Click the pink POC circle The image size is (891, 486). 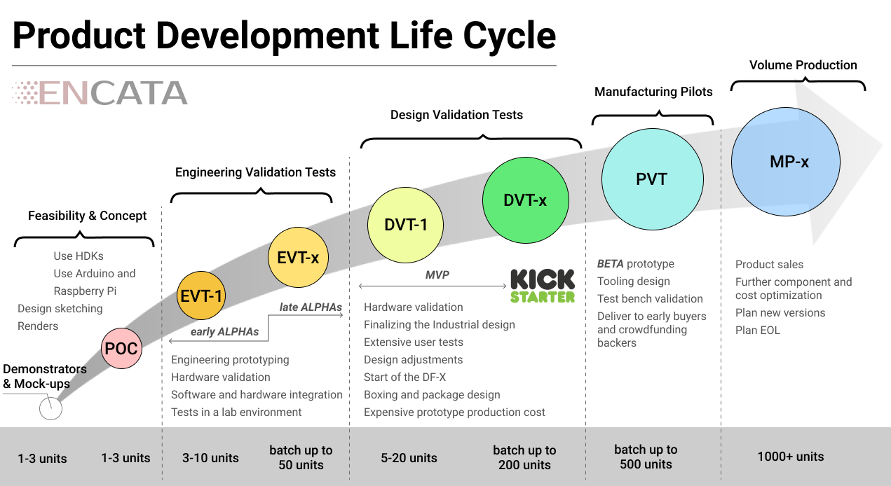point(121,348)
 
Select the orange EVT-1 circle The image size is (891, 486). point(200,296)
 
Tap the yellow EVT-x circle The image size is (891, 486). point(298,257)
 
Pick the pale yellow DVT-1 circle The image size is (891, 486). point(405,225)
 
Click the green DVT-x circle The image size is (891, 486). point(524,200)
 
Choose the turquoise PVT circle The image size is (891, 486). point(652,179)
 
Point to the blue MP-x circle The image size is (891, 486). point(785,162)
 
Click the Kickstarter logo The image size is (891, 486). point(542,286)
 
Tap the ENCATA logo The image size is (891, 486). point(100,93)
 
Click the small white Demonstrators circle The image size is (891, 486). point(50,408)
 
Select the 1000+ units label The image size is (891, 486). point(790,457)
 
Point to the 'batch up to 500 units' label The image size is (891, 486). point(646,457)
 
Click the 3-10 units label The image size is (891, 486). point(210,458)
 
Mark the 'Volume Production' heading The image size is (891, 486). point(803,65)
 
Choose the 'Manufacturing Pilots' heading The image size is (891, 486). point(653,92)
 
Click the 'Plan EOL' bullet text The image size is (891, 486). point(757,330)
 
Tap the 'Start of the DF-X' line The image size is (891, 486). point(404,377)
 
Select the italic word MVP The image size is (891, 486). point(437,275)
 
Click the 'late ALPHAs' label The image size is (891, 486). point(311,307)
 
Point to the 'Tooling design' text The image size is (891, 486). point(633,281)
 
